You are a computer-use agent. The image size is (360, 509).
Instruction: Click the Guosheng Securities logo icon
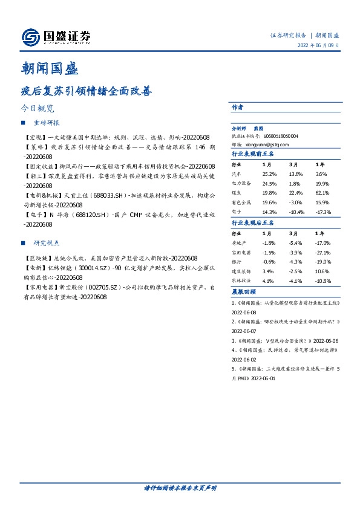[30, 37]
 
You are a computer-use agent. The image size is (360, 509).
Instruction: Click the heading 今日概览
[37, 109]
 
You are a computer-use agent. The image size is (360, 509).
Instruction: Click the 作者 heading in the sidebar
[237, 106]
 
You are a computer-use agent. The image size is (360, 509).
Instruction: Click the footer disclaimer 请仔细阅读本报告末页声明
[180, 487]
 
